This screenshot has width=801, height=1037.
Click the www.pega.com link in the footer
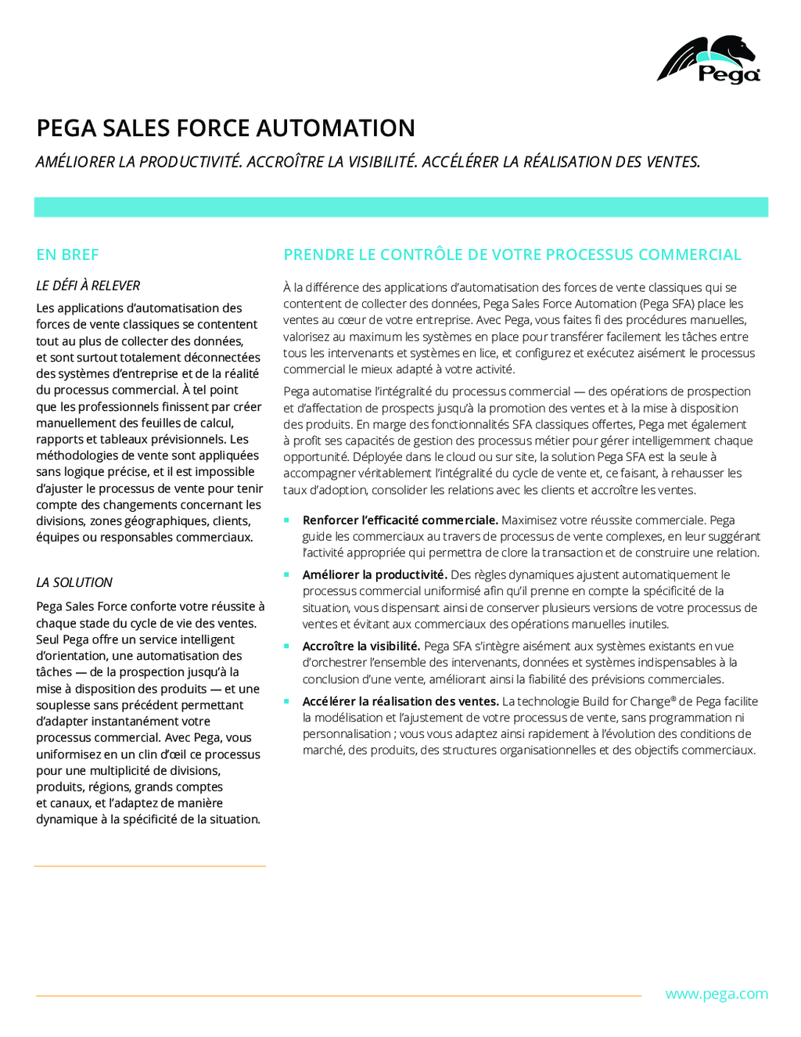click(x=716, y=994)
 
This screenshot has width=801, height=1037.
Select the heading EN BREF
click(x=67, y=254)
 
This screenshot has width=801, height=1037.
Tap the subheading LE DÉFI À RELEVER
click(x=88, y=286)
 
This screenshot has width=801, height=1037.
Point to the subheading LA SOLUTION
click(x=74, y=582)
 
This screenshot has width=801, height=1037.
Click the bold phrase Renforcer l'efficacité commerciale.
click(x=400, y=520)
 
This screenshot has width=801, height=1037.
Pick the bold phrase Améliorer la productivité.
click(x=375, y=574)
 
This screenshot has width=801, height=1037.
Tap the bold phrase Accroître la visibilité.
click(x=361, y=646)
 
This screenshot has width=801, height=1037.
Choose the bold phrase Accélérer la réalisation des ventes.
click(x=400, y=701)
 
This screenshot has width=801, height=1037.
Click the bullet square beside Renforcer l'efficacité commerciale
click(x=287, y=520)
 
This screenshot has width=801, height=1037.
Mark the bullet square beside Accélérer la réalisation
click(x=287, y=701)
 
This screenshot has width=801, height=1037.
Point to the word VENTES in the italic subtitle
click(x=671, y=162)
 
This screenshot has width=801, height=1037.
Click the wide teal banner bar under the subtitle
click(x=400, y=207)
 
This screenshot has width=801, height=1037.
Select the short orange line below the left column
click(x=150, y=866)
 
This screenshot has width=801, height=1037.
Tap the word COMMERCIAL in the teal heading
click(x=689, y=254)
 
